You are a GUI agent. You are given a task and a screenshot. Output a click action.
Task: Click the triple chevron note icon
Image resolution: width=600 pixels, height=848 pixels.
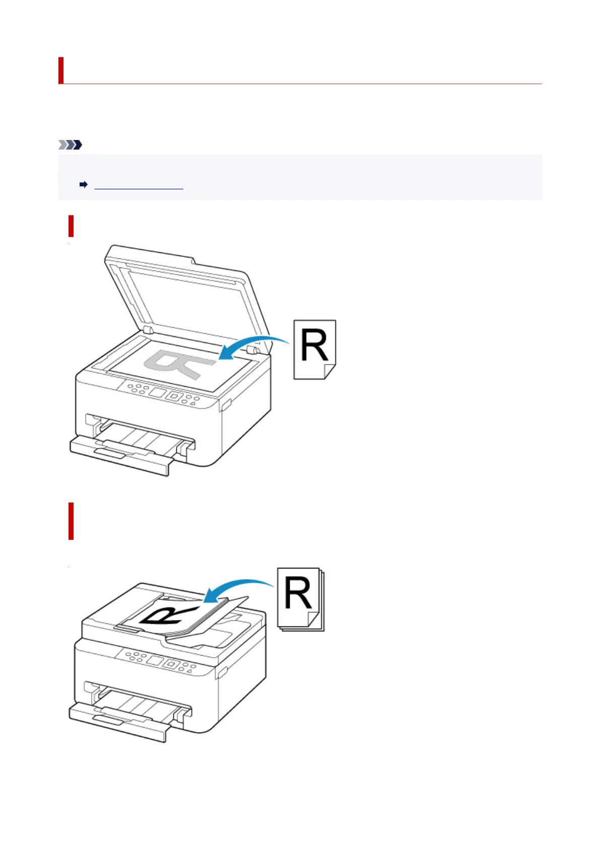(70, 145)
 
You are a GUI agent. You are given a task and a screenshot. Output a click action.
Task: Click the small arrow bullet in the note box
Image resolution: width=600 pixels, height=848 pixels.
(84, 185)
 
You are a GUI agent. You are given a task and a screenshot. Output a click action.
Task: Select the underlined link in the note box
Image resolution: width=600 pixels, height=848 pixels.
(139, 185)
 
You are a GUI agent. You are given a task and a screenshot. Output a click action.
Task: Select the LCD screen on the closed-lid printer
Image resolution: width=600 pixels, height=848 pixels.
(155, 660)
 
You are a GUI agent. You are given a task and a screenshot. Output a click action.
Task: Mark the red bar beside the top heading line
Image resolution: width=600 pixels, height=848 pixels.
(61, 70)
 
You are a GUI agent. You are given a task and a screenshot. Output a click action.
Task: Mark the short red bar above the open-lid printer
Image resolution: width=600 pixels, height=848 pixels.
(71, 226)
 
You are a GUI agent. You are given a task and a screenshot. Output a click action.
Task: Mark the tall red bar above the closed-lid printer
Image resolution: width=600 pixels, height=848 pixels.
(71, 521)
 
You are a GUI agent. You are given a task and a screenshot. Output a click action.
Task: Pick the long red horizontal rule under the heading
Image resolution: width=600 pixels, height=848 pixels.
(302, 84)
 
